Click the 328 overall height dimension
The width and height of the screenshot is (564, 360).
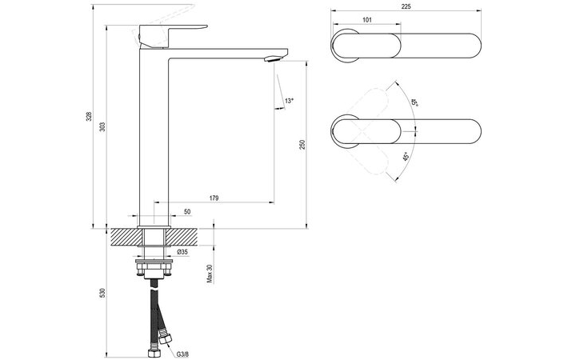(x=89, y=116)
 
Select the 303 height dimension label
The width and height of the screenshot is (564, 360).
(x=102, y=126)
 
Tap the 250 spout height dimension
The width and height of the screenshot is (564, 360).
(x=302, y=145)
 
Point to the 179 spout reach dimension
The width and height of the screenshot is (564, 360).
(x=214, y=198)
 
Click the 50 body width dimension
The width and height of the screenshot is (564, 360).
(x=187, y=212)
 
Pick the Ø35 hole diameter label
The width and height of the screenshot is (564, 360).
(x=182, y=252)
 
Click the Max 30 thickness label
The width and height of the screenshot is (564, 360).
(x=210, y=274)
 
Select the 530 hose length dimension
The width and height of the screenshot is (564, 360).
(x=102, y=293)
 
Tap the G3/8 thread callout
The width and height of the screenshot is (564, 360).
(x=182, y=354)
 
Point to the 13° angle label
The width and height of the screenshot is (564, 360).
(x=289, y=101)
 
